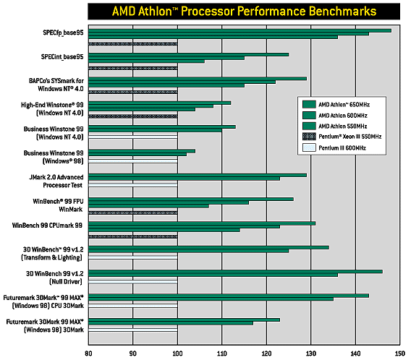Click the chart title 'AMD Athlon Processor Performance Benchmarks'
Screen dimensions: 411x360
coord(244,12)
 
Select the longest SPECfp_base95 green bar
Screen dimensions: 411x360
coord(240,30)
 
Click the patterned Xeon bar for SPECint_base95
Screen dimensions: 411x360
coord(133,69)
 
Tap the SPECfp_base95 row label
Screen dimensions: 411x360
coord(63,33)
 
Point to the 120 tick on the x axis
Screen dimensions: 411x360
coord(266,353)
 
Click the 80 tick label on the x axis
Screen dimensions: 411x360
coord(88,353)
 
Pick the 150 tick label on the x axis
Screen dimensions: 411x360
coord(400,353)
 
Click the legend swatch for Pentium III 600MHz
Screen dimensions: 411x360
coord(309,147)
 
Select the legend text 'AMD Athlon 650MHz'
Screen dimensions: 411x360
coord(344,105)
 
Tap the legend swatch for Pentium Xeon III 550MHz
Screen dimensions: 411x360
coord(309,137)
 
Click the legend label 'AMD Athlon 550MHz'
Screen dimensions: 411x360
coord(342,127)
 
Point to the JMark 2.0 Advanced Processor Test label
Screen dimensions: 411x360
coord(56,181)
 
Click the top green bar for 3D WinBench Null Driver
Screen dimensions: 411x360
coord(235,272)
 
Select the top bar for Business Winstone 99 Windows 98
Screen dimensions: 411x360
coord(142,151)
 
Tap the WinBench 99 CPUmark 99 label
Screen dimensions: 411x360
coord(47,226)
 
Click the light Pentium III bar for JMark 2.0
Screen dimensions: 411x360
coord(133,185)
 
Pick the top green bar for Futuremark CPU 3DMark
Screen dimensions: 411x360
coord(229,296)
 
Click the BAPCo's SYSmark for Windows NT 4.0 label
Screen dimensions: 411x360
coord(56,85)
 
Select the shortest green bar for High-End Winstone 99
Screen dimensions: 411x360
coord(142,110)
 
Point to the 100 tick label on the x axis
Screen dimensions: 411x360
coord(177,353)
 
